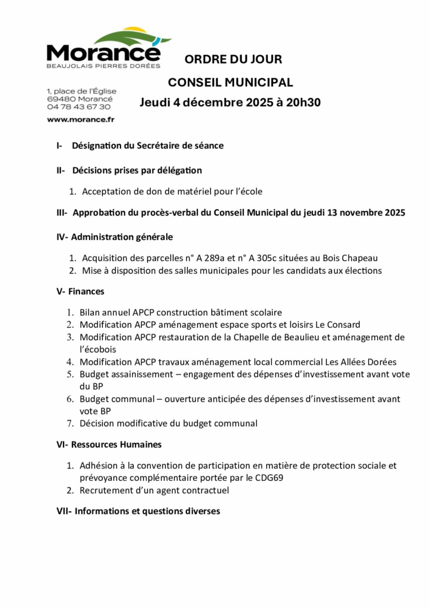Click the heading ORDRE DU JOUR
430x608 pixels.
pos(233,59)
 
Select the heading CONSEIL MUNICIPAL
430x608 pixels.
pos(230,83)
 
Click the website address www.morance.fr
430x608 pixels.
pos(80,119)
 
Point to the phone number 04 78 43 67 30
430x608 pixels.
pos(78,107)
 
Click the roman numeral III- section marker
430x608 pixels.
pos(62,213)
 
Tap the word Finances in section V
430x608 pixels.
pos(86,292)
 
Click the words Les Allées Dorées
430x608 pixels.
pos(361,362)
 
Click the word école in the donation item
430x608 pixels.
pos(249,192)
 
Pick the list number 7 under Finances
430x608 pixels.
pos(69,423)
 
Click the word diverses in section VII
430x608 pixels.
pos(200,511)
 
